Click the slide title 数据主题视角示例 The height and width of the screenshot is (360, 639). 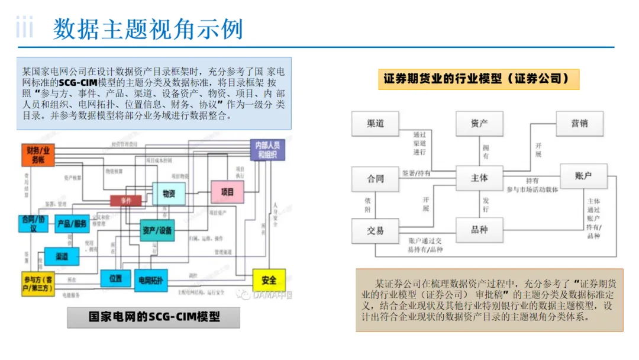[148, 28]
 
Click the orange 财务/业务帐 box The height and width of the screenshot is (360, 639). [38, 155]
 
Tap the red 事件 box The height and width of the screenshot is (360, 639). [126, 201]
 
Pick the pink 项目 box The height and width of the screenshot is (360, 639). [227, 192]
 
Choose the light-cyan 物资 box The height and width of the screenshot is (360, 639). [169, 192]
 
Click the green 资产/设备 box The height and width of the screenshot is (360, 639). [158, 230]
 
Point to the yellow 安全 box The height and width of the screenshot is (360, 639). [269, 280]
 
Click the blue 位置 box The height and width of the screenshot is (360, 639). [115, 278]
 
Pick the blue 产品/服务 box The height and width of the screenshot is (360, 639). [72, 223]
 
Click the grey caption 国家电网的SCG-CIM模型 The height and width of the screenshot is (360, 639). [153, 317]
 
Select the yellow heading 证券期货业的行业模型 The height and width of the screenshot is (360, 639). [478, 79]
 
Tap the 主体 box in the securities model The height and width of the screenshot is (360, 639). [479, 178]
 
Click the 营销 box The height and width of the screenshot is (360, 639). [579, 124]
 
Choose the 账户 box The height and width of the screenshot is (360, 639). [583, 176]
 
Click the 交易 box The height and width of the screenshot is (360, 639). [375, 231]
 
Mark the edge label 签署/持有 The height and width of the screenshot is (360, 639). [417, 173]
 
